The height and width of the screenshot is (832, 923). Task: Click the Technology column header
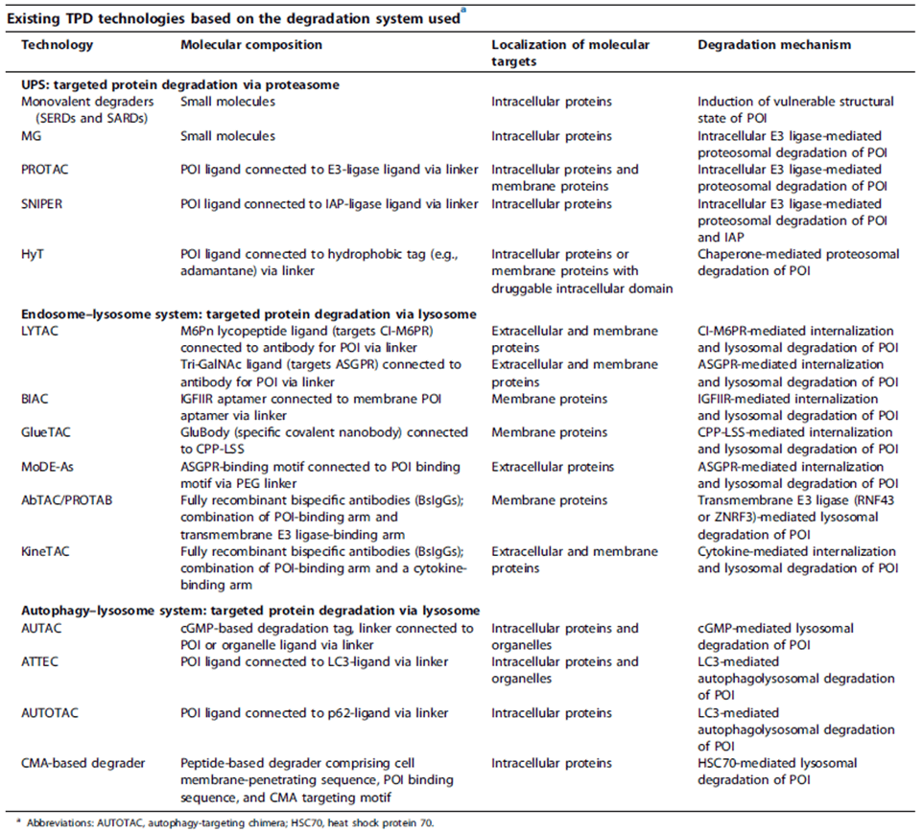56,45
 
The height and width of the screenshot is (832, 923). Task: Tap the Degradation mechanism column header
773,45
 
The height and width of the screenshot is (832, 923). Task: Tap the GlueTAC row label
50,432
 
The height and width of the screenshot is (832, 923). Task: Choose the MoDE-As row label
53,467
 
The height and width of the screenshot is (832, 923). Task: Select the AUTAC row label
44,629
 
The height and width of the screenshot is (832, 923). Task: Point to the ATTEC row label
42,662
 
